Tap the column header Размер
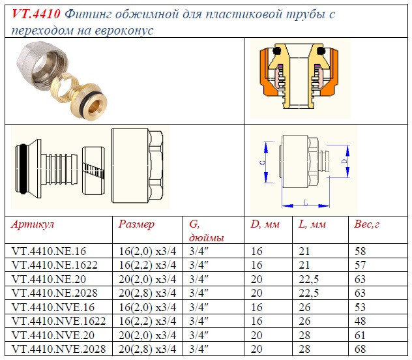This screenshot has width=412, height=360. [136, 224]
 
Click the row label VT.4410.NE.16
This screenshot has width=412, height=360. [49, 250]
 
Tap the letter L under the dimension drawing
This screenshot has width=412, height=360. [304, 203]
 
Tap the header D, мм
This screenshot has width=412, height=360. [265, 224]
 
